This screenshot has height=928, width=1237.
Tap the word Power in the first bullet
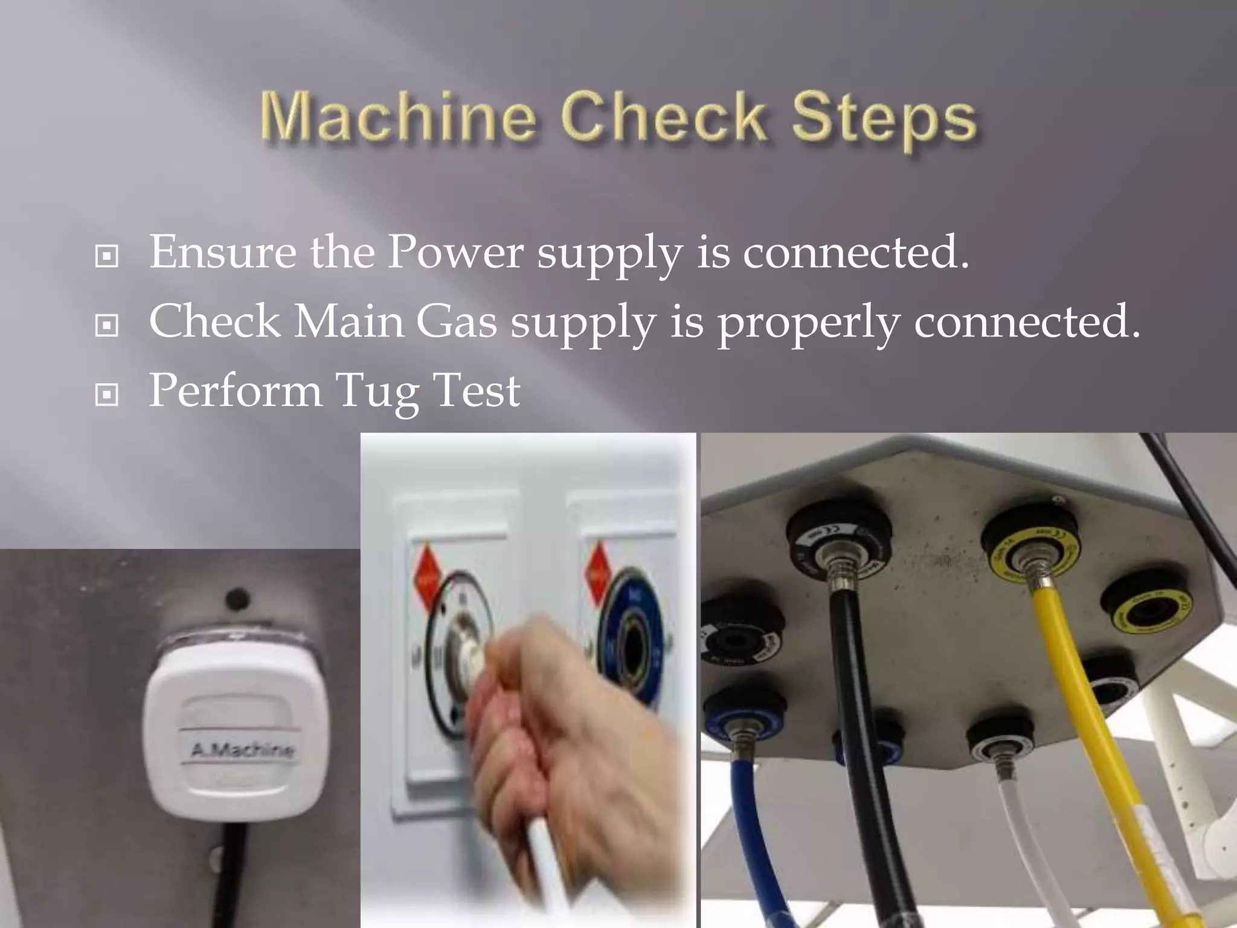pyautogui.click(x=455, y=252)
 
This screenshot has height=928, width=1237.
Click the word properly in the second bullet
pyautogui.click(x=808, y=323)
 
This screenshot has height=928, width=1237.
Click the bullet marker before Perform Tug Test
pyautogui.click(x=107, y=395)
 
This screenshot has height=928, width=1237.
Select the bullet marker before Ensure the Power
pyautogui.click(x=107, y=256)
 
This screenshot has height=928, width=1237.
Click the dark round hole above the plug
pyautogui.click(x=237, y=599)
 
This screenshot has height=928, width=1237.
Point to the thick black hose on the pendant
pyautogui.click(x=858, y=725)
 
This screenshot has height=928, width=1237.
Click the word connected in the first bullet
pyautogui.click(x=856, y=252)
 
